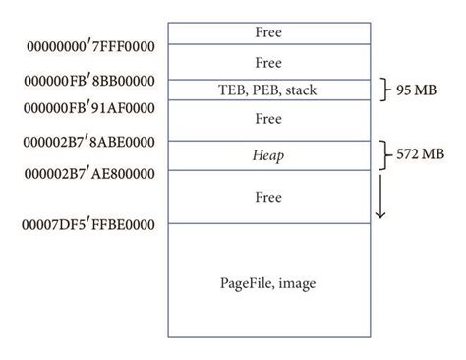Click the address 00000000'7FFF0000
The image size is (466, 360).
click(85, 44)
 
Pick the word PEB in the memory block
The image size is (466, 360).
click(265, 90)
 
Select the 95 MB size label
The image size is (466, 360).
click(417, 90)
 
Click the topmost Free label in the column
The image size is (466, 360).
click(268, 31)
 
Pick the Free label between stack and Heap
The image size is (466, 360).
click(268, 119)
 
